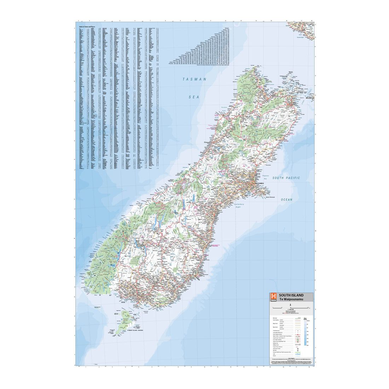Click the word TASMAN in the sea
coord(194,80)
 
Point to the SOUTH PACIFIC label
coord(286,178)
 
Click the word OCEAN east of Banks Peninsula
coord(287,200)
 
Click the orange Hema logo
coord(273,297)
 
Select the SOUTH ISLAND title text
coord(291,295)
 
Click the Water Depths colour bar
coord(305,332)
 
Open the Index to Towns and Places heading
coord(87,27)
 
